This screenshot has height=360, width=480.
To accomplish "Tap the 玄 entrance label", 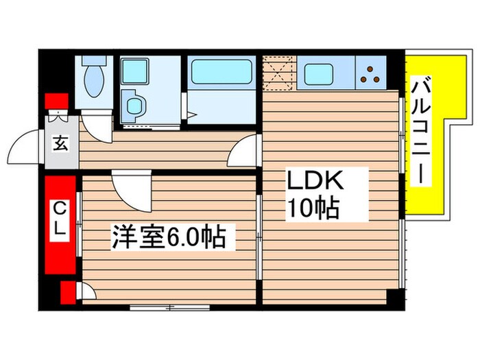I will point(60,145).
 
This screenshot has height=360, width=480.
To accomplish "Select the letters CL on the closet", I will point(60,218).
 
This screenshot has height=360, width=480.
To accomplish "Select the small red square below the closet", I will point(68,291).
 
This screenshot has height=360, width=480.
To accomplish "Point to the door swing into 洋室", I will point(132,188).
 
